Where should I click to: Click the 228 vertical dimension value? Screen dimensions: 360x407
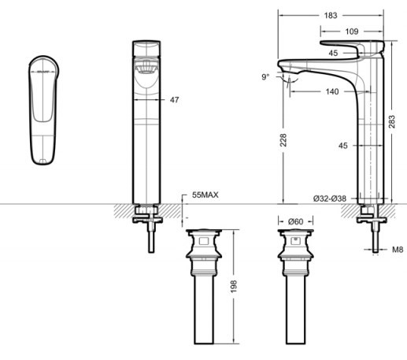pos(283,139)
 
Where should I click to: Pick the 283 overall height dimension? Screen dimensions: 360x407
pos(391,121)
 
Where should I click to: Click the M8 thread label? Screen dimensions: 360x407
pos(398,250)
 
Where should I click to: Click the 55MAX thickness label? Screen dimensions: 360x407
pos(205,193)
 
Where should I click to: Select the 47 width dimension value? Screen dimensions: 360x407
pos(175,100)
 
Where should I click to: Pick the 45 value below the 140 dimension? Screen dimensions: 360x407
pos(342,146)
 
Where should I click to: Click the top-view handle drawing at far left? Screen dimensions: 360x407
pos(41,109)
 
